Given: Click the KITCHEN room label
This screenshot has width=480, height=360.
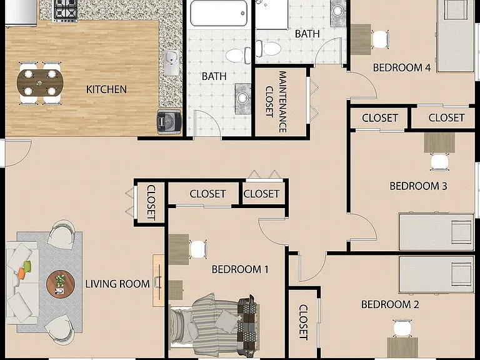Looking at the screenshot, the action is tap(106, 89).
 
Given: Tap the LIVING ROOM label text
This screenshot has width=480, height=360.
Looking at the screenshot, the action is tap(117, 284).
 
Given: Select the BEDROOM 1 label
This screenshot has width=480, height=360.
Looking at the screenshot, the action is tap(240, 269).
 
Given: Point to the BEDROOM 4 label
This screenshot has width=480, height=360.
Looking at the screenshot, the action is tap(402, 67).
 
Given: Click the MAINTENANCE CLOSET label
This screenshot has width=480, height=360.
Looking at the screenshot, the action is tap(276, 102).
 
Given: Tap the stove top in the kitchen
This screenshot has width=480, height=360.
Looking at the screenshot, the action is tap(65, 11).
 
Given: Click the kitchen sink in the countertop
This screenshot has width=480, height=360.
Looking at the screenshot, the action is tap(171, 62).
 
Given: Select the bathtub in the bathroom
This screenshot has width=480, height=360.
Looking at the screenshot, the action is tap(219, 13).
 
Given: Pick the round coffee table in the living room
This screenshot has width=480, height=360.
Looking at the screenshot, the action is tap(61, 284).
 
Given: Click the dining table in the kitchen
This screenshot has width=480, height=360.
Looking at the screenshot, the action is tap(40, 82).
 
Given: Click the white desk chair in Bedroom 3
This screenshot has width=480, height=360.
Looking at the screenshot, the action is tap(439, 162).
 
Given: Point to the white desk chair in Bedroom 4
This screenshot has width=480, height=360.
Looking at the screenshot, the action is tap(381, 39).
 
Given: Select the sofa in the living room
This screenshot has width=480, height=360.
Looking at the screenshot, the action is tap(22, 282).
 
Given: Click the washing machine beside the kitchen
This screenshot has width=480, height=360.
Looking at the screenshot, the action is tap(169, 121).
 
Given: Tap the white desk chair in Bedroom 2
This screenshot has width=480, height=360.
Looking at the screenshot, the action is tap(402, 328).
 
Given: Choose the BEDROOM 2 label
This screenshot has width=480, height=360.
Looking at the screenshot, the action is tap(390, 304).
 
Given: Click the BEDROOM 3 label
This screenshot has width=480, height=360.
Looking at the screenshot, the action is tap(418, 186).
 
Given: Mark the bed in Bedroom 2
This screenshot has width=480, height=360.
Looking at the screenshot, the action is tap(436, 274).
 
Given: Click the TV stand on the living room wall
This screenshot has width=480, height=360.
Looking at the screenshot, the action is tap(158, 281).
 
